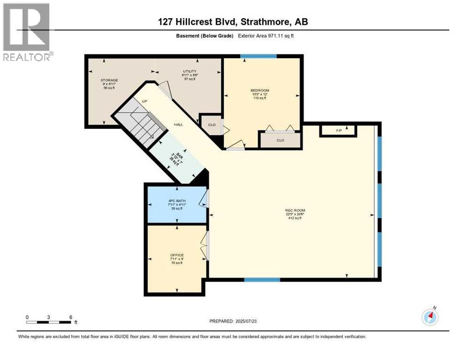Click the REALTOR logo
(x=27, y=32)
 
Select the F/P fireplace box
(x=338, y=130)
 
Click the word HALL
(x=179, y=125)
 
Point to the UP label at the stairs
(x=139, y=101)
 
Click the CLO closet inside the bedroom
(x=280, y=140)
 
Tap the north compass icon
(x=430, y=317)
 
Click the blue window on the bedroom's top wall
(x=258, y=57)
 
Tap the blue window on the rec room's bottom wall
(x=262, y=280)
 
